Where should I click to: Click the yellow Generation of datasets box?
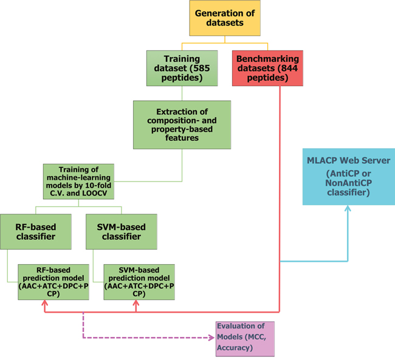pos(225,18)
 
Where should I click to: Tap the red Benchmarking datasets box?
pos(267,69)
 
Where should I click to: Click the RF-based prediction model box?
pos(54,281)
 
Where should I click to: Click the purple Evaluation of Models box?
pos(245,339)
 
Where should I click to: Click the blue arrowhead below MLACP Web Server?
pos(349,209)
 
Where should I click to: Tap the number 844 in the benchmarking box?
pos(287,69)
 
